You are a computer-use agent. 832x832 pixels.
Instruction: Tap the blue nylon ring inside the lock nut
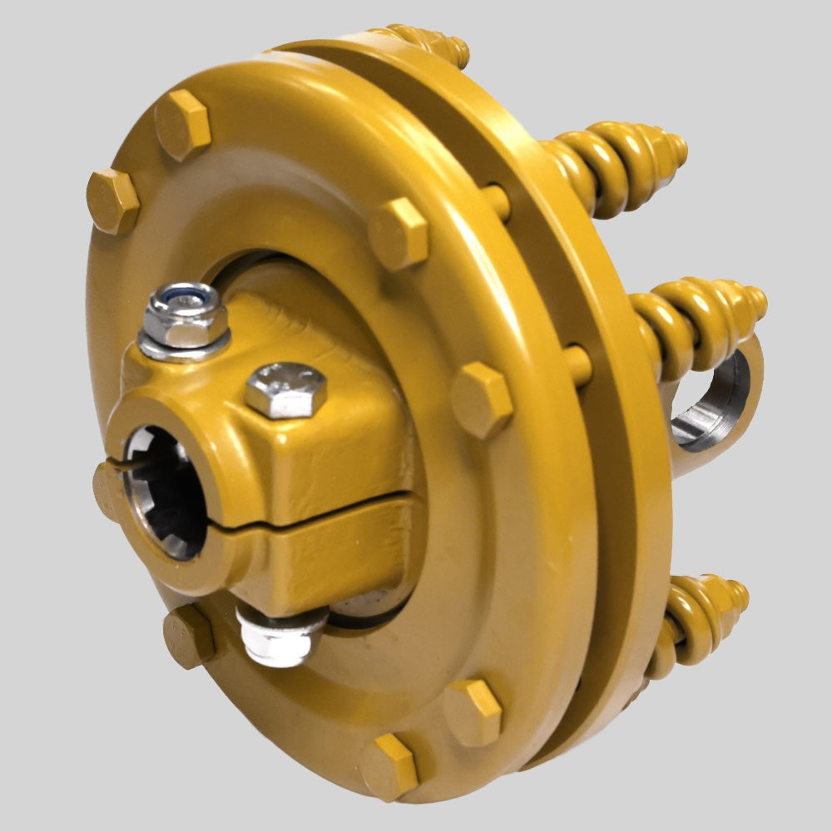[x=184, y=295]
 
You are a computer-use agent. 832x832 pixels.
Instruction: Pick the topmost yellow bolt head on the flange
[x=182, y=125]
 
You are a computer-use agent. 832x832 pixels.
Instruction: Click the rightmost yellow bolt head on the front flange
[x=482, y=399]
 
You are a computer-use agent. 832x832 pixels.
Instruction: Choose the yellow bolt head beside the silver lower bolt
[x=188, y=636]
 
